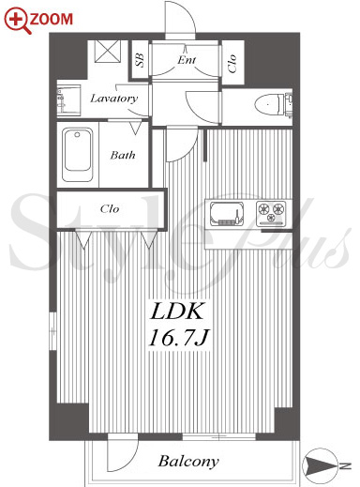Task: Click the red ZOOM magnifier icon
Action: pyautogui.click(x=17, y=21)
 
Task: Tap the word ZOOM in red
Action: pyautogui.click(x=52, y=19)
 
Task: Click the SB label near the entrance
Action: pyautogui.click(x=140, y=60)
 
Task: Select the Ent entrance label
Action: pyautogui.click(x=187, y=59)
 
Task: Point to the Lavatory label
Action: pyautogui.click(x=113, y=99)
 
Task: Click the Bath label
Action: pyautogui.click(x=123, y=155)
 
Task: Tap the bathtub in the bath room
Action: pyautogui.click(x=78, y=155)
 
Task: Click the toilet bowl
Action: pyautogui.click(x=269, y=104)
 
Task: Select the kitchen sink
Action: pyautogui.click(x=227, y=214)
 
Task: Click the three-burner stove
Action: pyautogui.click(x=271, y=214)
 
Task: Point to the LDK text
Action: pyautogui.click(x=176, y=312)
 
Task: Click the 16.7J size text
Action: pyautogui.click(x=178, y=338)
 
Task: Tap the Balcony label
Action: pyautogui.click(x=188, y=461)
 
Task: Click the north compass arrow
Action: pyautogui.click(x=321, y=466)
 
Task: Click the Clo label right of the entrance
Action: pyautogui.click(x=232, y=64)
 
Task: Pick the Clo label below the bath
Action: pyautogui.click(x=110, y=208)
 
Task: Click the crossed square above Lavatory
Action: pyautogui.click(x=108, y=52)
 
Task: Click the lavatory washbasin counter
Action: pyautogui.click(x=68, y=100)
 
